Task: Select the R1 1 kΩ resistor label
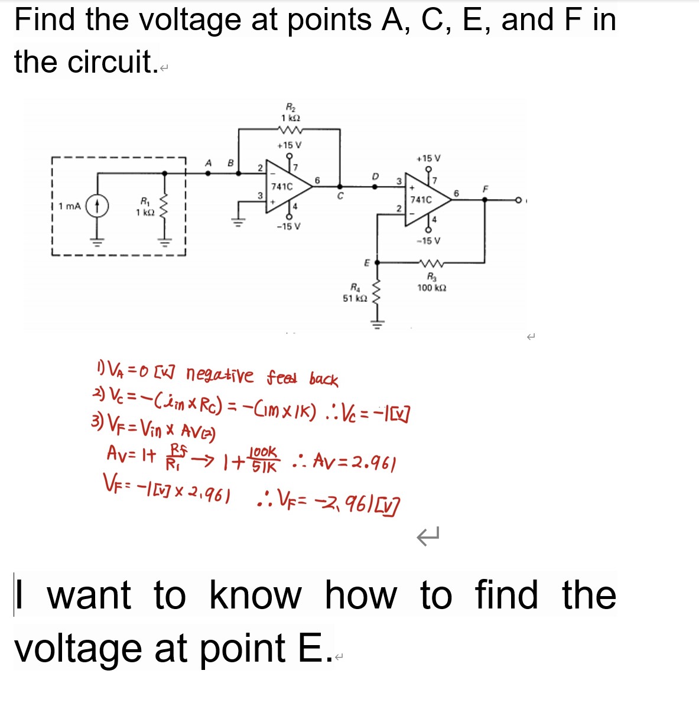coord(144,207)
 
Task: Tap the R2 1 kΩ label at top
coord(291,113)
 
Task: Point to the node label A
coord(208,162)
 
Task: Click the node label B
coord(230,162)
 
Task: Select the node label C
coord(340,197)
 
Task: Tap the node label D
coord(375,176)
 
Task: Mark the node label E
coord(366,262)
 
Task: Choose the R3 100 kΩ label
coord(431,283)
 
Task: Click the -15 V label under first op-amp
coord(288,226)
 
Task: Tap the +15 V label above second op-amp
coord(428,158)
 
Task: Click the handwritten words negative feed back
coord(262,376)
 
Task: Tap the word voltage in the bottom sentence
coord(78,649)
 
